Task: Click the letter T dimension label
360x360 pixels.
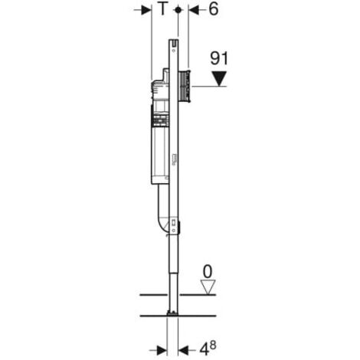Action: [x=162, y=9]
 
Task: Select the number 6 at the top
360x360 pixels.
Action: [x=214, y=9]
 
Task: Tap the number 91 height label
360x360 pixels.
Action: [x=219, y=58]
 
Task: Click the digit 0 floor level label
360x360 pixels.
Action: [x=208, y=272]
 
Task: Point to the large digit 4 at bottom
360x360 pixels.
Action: [x=204, y=349]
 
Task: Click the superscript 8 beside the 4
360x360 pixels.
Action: [x=212, y=345]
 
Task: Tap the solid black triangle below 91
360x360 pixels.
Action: [x=219, y=79]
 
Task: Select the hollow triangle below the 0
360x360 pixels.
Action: [x=208, y=287]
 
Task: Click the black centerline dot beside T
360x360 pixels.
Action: [x=178, y=10]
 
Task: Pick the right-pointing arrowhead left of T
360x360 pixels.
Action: [x=147, y=10]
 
